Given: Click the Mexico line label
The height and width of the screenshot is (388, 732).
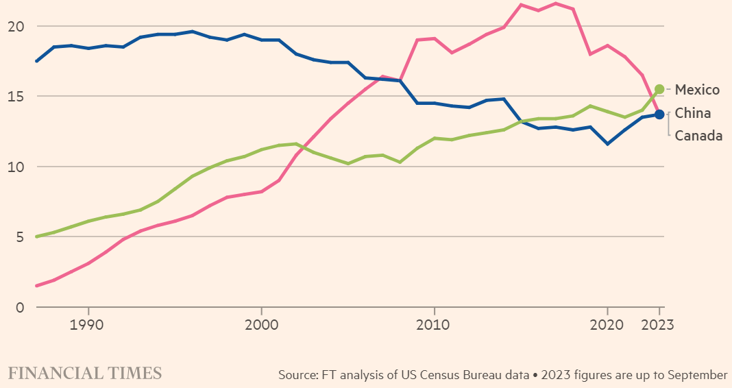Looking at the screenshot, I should pos(697,90).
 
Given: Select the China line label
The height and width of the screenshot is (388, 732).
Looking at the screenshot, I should pos(693,113).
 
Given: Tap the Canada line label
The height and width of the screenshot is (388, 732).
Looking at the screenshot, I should pos(698,136).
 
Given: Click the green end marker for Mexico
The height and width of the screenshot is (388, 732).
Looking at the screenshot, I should pos(659,89).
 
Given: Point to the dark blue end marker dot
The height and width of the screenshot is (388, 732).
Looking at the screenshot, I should pos(659,114).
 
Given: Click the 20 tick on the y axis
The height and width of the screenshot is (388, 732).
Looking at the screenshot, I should pos(16,26).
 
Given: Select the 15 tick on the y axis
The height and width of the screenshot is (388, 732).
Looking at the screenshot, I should pos(16,97).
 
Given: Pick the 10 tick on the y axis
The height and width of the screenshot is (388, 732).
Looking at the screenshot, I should pos(16,167).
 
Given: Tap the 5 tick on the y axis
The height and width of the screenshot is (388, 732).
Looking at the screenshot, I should pos(20,237).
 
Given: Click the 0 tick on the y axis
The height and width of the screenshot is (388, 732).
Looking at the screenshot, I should pos(20,307).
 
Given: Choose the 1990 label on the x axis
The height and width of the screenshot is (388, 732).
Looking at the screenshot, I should pos(88,324).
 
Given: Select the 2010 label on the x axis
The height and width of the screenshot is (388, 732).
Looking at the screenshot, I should pos(434,324).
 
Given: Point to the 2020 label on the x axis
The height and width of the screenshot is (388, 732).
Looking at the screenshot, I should pos(607,324).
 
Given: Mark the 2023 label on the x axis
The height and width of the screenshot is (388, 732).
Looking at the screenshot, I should pos(657,324).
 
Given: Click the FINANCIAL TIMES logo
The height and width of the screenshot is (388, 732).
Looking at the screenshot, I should pos(85,373).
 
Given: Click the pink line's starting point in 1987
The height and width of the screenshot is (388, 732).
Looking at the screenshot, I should pos(36,286).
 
